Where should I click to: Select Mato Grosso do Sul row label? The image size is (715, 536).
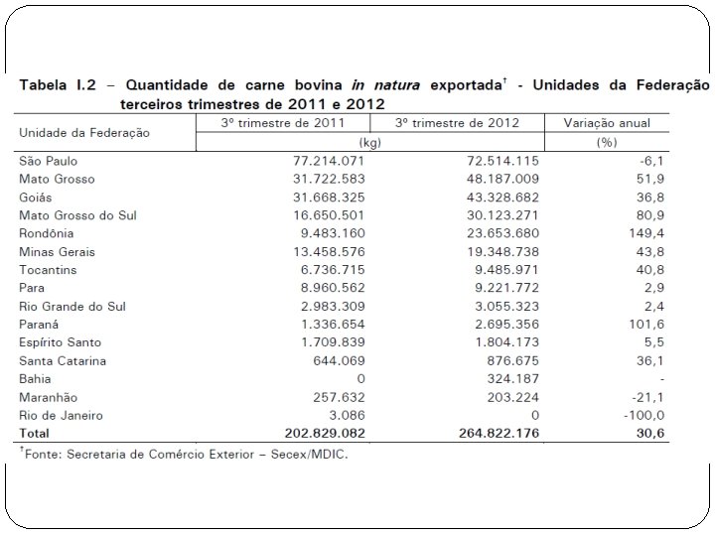point(77,214)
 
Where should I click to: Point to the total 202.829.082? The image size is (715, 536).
point(311,434)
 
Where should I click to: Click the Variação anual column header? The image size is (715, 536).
point(607,123)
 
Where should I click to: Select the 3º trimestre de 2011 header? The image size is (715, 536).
point(282,123)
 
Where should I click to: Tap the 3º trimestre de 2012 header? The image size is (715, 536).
point(456,123)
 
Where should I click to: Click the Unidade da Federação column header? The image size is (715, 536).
point(83,132)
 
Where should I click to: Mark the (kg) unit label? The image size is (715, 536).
point(369,142)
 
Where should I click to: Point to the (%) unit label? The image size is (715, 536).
point(607,142)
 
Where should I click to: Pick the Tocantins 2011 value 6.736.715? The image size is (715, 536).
point(319,270)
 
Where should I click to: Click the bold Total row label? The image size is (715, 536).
point(36,434)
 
